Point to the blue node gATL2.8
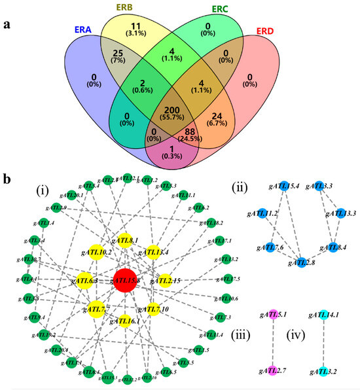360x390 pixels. point(298,262)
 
